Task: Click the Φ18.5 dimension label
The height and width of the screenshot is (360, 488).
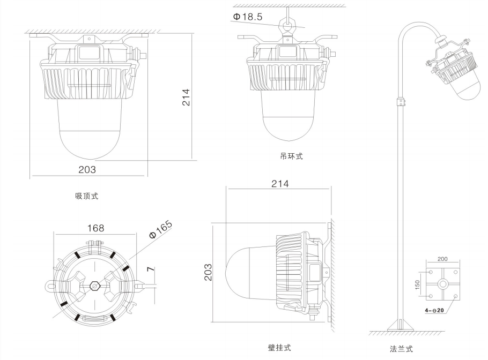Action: point(247,17)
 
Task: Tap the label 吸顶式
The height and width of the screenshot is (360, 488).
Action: point(86,196)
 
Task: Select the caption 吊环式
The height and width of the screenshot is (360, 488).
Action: point(291,156)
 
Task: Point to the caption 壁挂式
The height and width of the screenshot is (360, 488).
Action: point(279,348)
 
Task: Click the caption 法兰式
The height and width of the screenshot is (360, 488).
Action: point(402,349)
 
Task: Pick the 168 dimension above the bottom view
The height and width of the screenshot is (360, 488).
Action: point(96,228)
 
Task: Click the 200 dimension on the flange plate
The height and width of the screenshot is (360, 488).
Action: point(442,259)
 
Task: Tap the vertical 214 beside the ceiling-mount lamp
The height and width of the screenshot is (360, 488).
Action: point(186,97)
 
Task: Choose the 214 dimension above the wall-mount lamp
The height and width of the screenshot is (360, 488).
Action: point(279,184)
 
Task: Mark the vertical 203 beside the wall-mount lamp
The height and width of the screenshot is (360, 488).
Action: point(208,273)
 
